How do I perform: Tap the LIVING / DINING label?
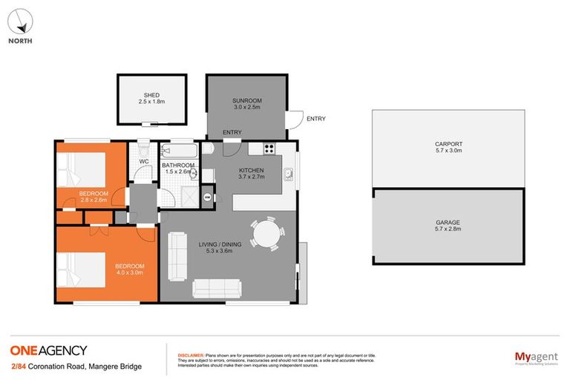click(220, 247)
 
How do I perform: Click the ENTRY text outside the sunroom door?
click(315, 119)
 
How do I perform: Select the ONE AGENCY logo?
click(48, 351)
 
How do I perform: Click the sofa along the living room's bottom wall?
click(217, 288)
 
